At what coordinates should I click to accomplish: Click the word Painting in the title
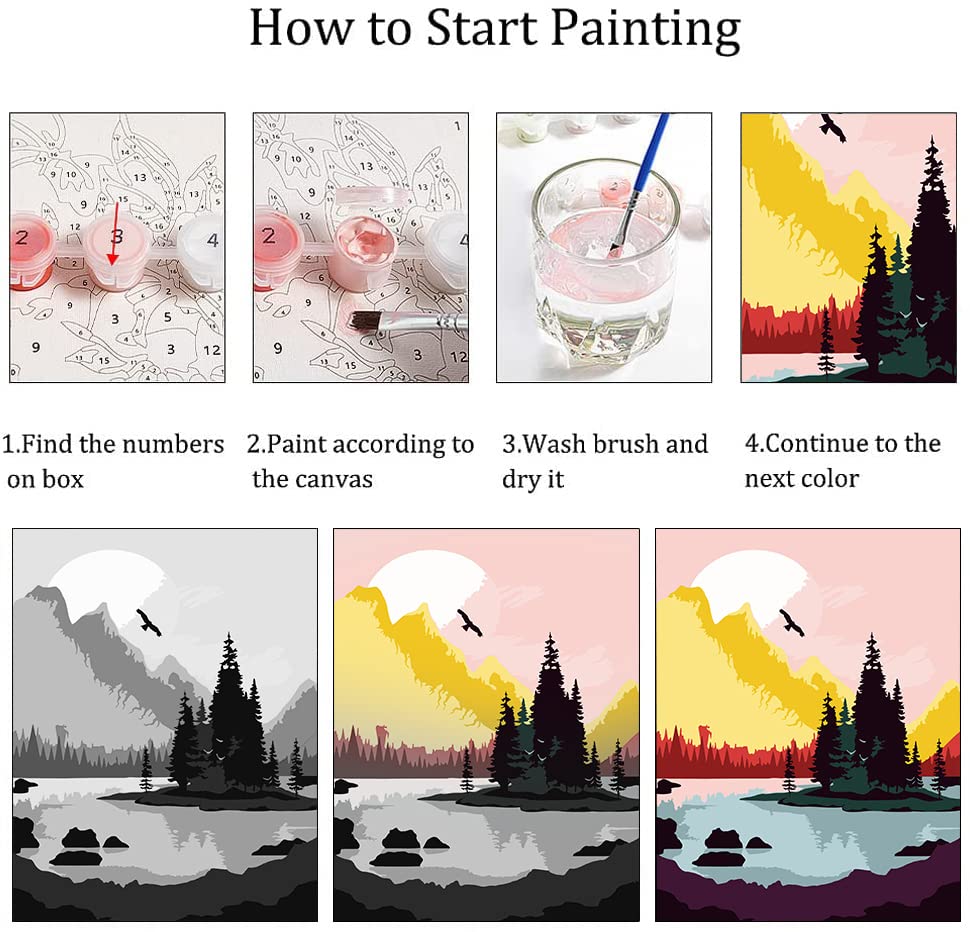[x=641, y=30]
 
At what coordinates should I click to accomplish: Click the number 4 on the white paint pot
[x=212, y=240]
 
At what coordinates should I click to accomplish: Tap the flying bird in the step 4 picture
[x=831, y=126]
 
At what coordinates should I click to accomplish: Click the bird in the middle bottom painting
[x=470, y=621]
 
